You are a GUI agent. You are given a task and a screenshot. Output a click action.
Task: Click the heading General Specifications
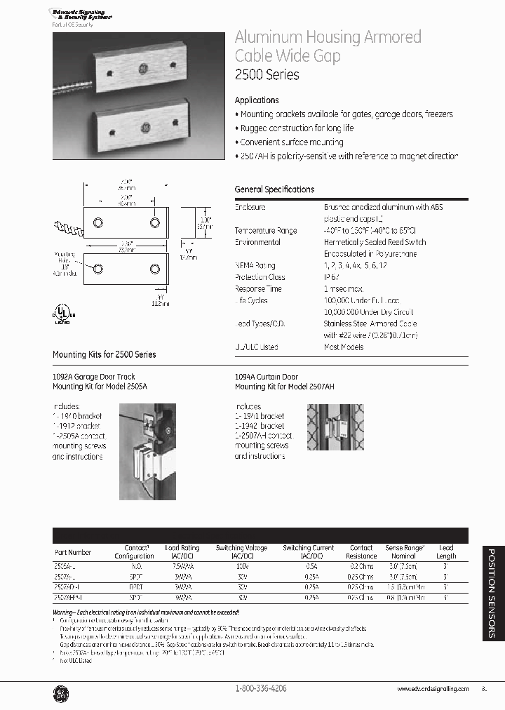274,189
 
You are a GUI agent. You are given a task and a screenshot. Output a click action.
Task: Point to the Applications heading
257,100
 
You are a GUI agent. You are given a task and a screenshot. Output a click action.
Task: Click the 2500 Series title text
267,74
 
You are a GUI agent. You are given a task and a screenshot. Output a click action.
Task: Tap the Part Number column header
73,552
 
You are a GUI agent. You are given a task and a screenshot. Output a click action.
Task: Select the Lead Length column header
445,551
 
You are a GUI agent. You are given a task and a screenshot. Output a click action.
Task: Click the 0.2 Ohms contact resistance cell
361,565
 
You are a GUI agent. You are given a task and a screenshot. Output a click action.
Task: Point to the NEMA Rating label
255,266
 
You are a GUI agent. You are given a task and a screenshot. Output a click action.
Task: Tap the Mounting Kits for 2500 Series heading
105,355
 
